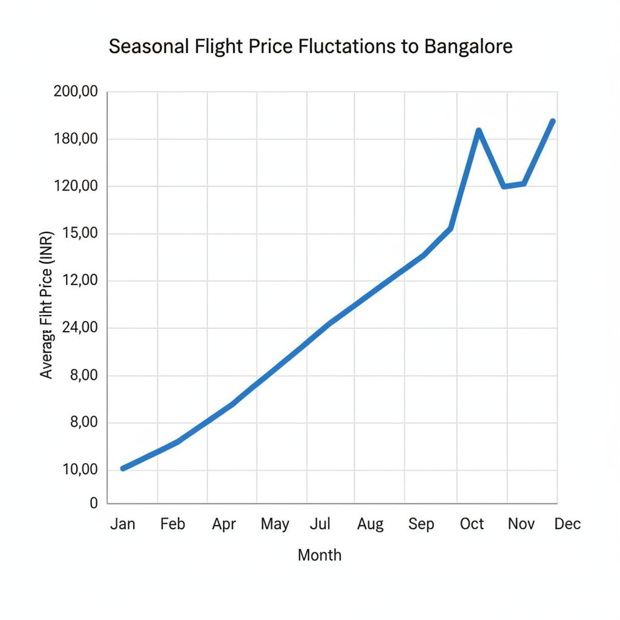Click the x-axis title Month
click(319, 555)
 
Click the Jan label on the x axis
click(123, 524)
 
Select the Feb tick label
click(173, 524)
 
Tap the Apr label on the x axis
click(223, 524)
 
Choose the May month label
click(275, 524)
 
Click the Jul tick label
click(320, 524)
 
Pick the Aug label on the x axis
click(370, 524)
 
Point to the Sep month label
click(421, 524)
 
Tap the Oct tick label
click(472, 524)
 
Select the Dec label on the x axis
click(567, 524)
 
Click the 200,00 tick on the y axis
click(76, 92)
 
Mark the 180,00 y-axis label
click(76, 139)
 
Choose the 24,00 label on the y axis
click(76, 328)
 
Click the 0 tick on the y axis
click(94, 503)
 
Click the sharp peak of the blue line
click(478, 131)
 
